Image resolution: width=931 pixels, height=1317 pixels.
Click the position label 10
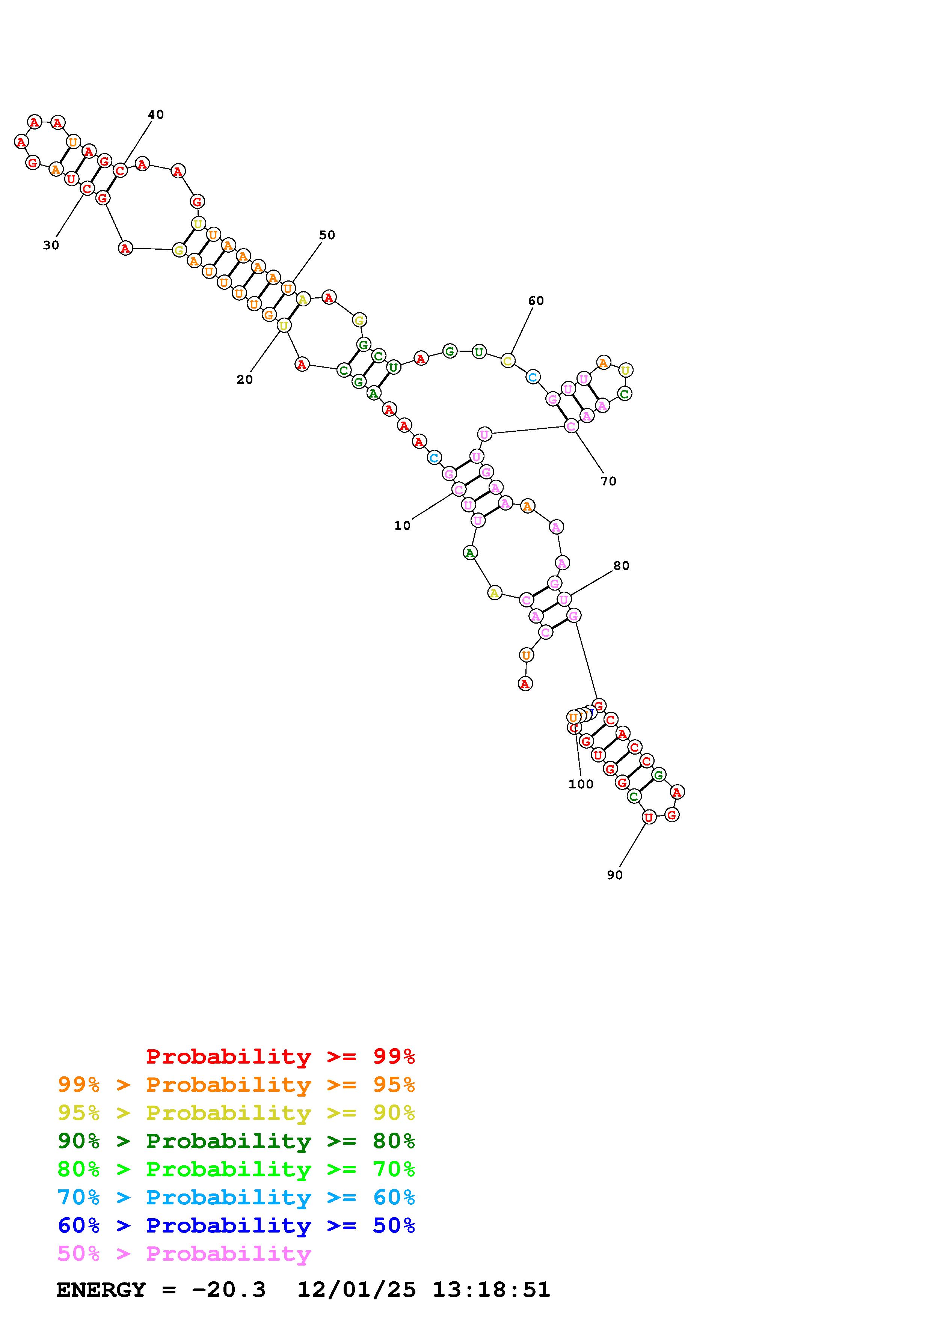[x=402, y=526]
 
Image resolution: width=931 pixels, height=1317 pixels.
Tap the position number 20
[x=244, y=379]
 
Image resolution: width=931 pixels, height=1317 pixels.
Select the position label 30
[x=51, y=245]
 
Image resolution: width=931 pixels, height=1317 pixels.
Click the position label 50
[x=327, y=235]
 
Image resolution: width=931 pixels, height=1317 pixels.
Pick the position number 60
[x=536, y=301]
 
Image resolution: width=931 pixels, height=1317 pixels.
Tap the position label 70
[x=609, y=481]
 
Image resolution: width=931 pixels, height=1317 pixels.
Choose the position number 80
[x=621, y=565]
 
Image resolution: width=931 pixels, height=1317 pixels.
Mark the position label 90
[x=614, y=875]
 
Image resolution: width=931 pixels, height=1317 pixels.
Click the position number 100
[x=581, y=784]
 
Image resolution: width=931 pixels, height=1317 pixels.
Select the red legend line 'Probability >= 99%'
[x=281, y=1056]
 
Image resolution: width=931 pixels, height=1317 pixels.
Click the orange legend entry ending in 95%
[x=236, y=1085]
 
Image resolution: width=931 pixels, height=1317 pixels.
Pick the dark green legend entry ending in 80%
[x=236, y=1141]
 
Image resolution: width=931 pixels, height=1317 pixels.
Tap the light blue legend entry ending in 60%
[x=236, y=1197]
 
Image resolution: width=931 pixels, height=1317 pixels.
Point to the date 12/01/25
[x=356, y=1290]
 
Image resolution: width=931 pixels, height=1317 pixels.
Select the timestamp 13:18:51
[x=491, y=1290]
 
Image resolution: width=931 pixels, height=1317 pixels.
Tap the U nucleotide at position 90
[x=648, y=817]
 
